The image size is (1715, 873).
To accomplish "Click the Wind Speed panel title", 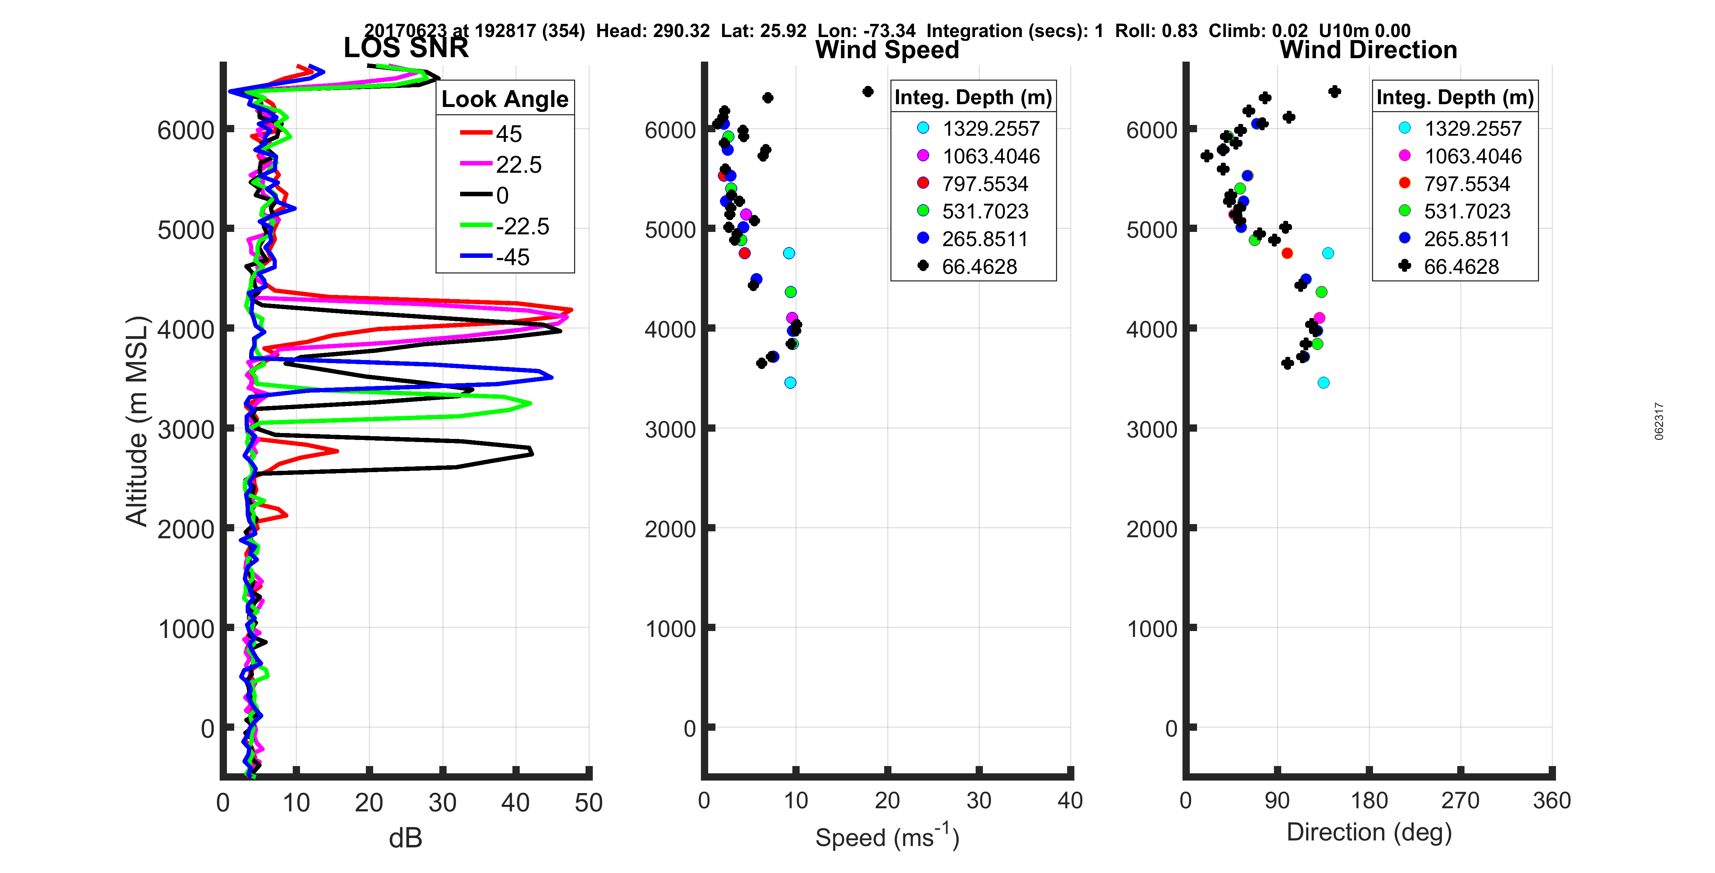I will point(887,50).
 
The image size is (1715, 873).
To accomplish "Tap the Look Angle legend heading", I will point(505,99).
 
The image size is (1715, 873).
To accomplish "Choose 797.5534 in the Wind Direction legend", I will point(1467,184).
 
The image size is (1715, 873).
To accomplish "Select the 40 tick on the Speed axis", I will point(1070,800).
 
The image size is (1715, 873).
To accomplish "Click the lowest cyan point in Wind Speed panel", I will point(790,382).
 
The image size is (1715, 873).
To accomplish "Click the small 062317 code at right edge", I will point(1659,421).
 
